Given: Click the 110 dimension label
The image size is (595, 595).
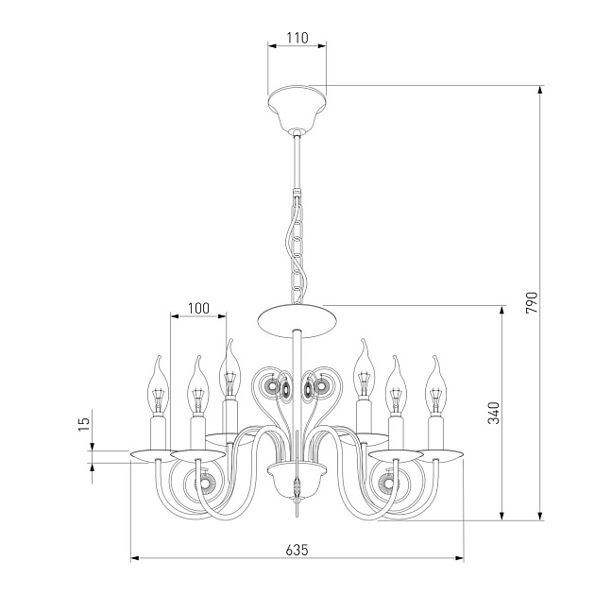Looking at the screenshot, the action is coord(297,38).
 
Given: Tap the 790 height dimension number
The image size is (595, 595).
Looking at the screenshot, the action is coord(532,302).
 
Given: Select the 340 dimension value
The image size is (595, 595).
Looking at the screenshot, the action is coord(494,413).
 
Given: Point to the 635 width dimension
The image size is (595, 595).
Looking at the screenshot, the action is coord(297,550).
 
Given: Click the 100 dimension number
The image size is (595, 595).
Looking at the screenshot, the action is coord(198,308).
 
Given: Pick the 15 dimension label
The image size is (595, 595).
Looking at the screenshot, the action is coord(84,423).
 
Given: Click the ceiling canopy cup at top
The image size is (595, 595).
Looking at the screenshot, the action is coord(297,108).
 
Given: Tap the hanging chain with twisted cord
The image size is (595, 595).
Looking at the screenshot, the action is coord(296,249).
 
